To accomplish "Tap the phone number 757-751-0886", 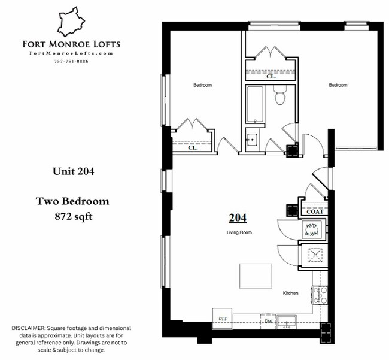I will pyautogui.click(x=71, y=62).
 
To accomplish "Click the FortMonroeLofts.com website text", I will pyautogui.click(x=71, y=54).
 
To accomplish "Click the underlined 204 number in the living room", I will pyautogui.click(x=238, y=218).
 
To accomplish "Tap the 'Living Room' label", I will pyautogui.click(x=238, y=232).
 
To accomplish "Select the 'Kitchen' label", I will pyautogui.click(x=291, y=293).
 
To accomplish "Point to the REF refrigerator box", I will pyautogui.click(x=223, y=319).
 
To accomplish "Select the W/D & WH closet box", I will pyautogui.click(x=312, y=229).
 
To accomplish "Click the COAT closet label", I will pyautogui.click(x=315, y=211).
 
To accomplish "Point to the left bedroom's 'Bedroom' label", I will pyautogui.click(x=202, y=85).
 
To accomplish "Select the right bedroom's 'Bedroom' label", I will pyautogui.click(x=338, y=85).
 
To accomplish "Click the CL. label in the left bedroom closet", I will pyautogui.click(x=193, y=147).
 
